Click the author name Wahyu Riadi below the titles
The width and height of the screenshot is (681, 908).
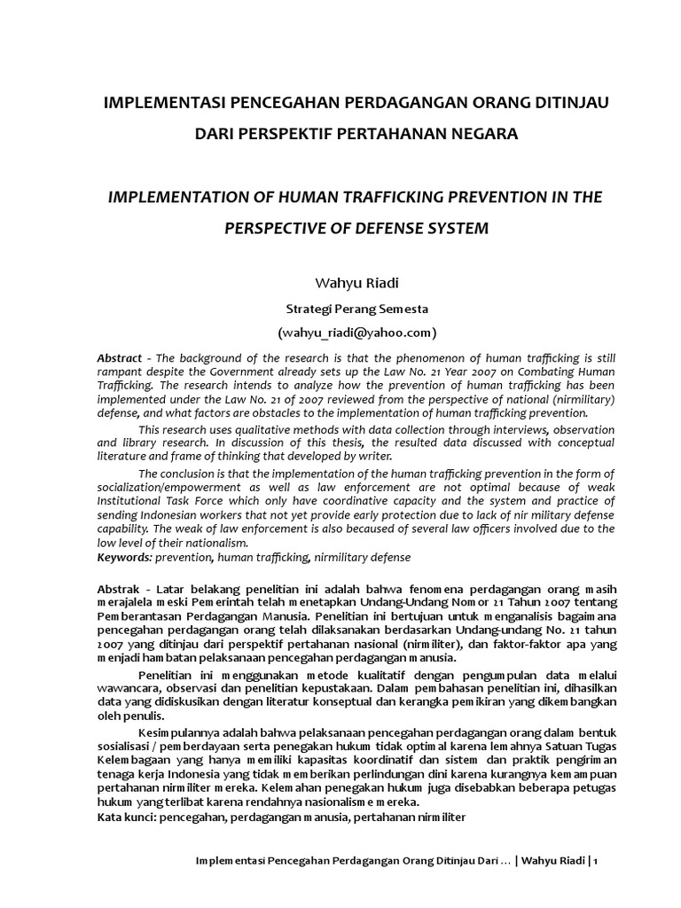(340, 284)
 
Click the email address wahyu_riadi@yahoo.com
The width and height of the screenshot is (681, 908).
(340, 333)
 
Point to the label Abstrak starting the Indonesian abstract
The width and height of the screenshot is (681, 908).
(119, 591)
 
